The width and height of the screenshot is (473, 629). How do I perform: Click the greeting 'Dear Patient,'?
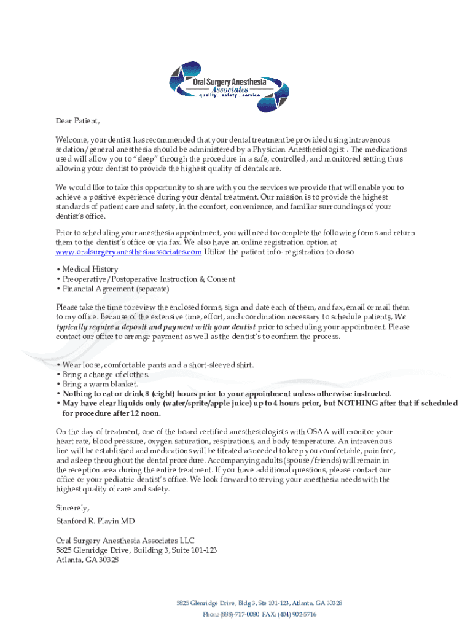[x=77, y=120]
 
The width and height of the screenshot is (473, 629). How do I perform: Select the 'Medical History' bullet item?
[x=90, y=269]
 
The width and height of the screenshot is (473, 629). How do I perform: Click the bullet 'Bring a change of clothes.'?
[x=97, y=375]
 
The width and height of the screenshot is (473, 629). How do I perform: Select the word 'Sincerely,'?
[x=72, y=508]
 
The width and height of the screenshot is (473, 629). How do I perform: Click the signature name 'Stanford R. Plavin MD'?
[x=95, y=521]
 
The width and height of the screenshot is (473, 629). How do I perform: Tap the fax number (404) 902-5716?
[x=300, y=614]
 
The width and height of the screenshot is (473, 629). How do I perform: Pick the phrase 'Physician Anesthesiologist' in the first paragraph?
[x=296, y=149]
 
